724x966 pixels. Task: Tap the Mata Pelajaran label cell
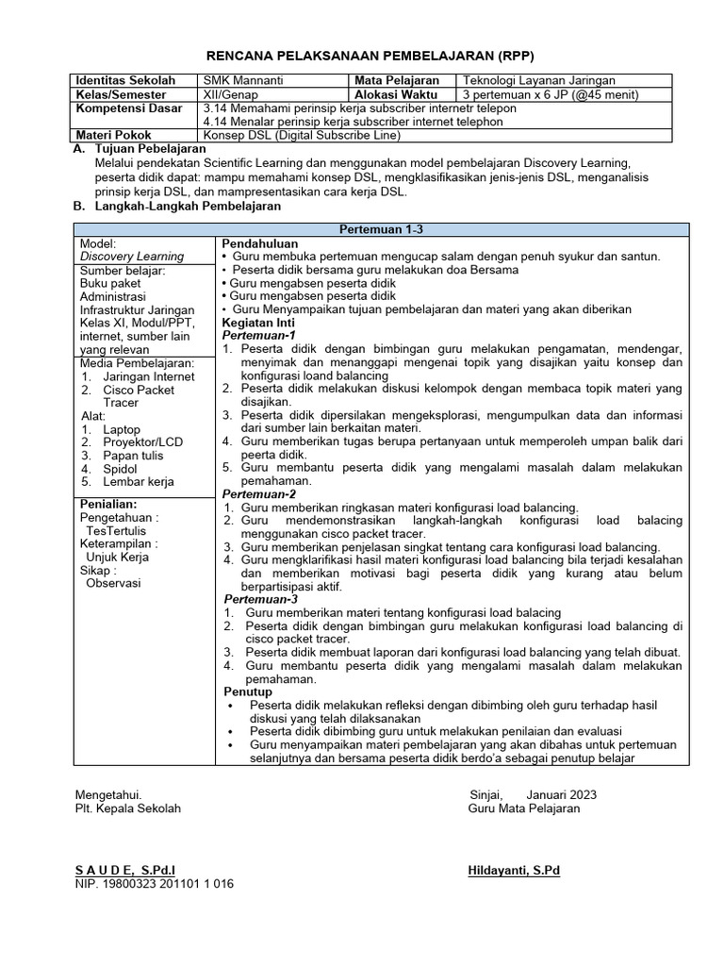click(397, 81)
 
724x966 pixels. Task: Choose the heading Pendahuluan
click(259, 243)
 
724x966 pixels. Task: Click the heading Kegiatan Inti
click(259, 322)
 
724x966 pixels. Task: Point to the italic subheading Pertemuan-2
click(259, 493)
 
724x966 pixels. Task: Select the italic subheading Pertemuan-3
click(261, 599)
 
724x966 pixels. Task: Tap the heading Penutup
click(247, 691)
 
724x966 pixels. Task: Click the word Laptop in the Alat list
click(123, 429)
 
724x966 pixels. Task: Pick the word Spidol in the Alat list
click(120, 468)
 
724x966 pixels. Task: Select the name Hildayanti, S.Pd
click(514, 870)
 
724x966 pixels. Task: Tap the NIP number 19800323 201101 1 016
click(155, 884)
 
